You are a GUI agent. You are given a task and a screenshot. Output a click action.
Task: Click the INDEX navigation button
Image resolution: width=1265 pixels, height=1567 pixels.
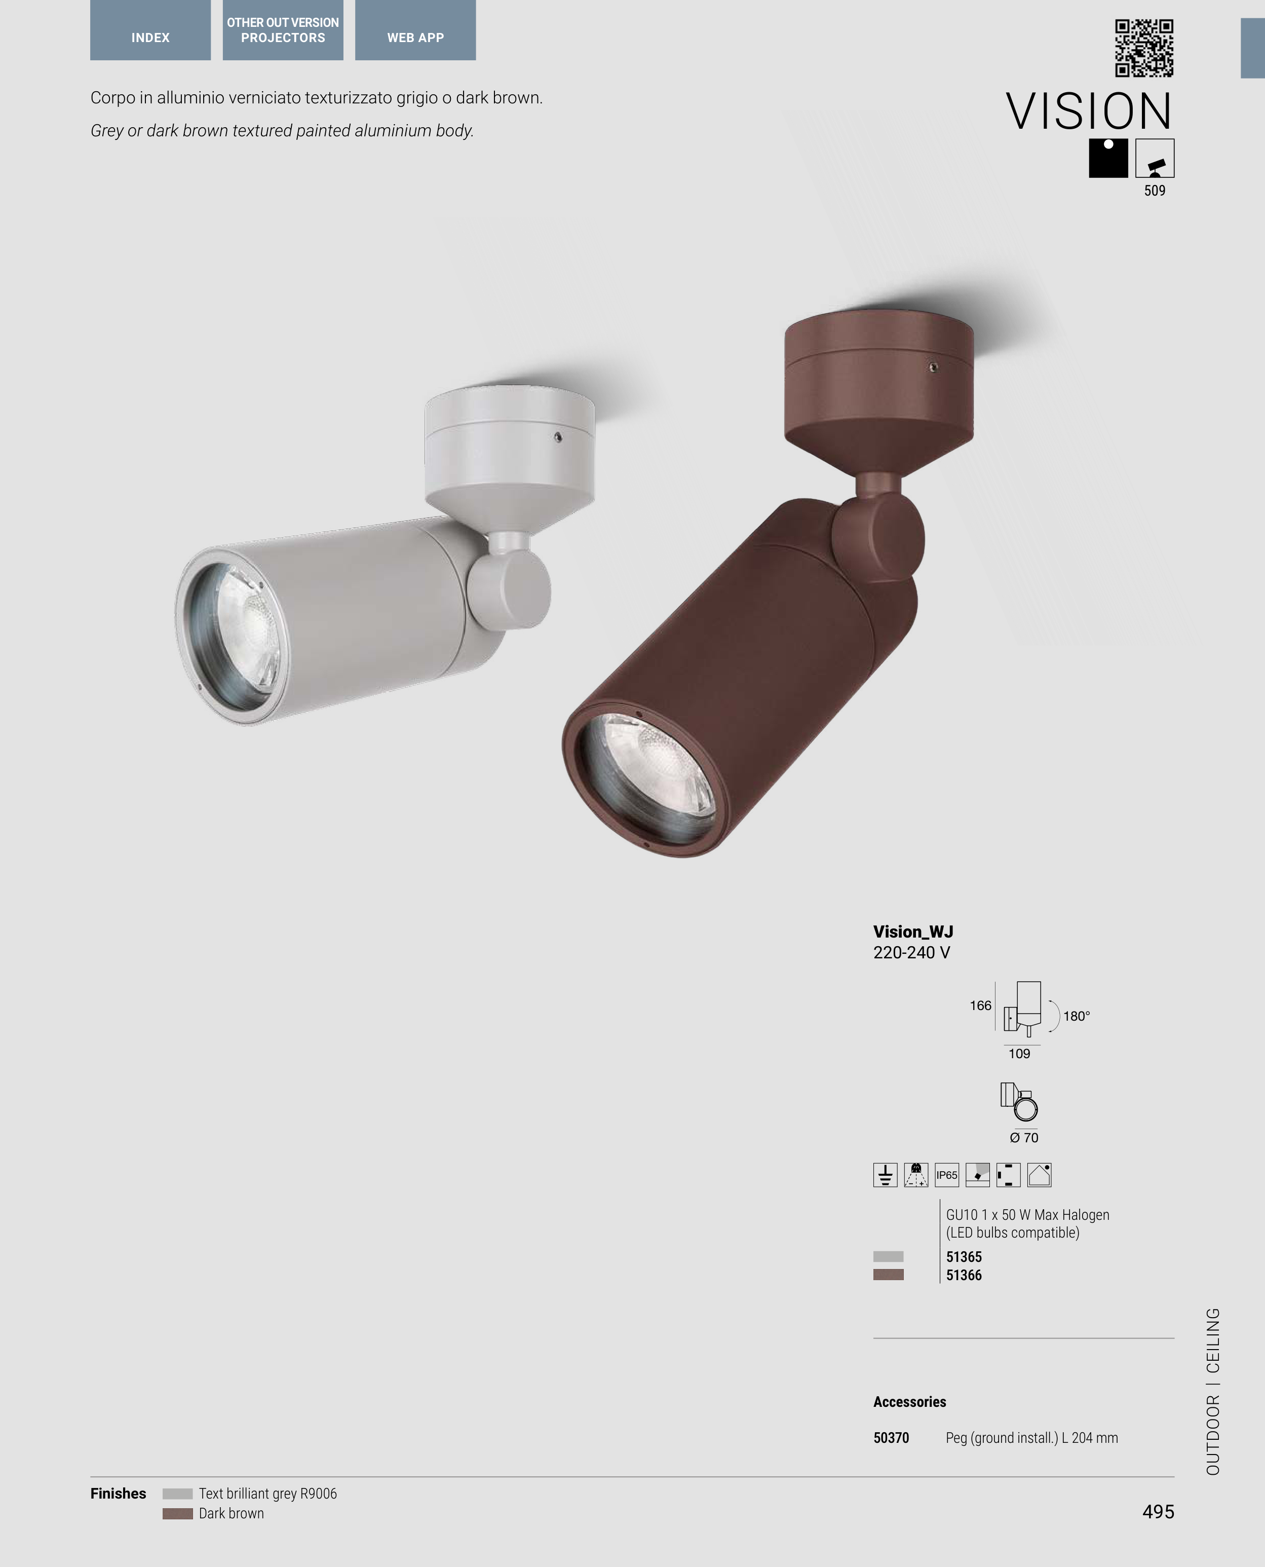(150, 30)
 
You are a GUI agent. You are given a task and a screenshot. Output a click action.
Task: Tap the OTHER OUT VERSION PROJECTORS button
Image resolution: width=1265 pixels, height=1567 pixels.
(283, 30)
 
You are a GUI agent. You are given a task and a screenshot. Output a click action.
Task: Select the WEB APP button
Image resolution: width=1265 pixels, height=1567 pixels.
(415, 30)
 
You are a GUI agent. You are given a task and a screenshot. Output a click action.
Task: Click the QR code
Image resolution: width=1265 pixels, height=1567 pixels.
(1144, 48)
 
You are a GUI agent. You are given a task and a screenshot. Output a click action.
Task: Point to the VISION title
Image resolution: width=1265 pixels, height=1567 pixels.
(1089, 111)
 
